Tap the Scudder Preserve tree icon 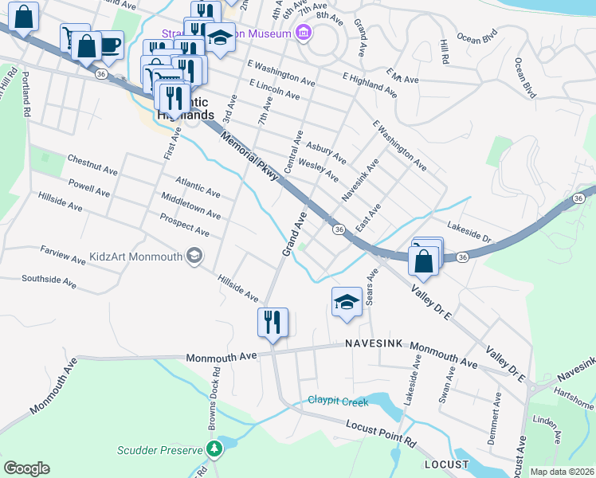coord(214,450)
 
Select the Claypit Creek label coord(338,401)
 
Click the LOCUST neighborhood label coord(447,463)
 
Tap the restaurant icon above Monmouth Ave coord(273,323)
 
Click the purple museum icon coord(302,33)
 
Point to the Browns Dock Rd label coord(214,398)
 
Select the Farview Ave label coord(62,255)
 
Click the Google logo coord(26,468)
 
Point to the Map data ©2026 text coord(562,472)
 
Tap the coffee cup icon coord(109,45)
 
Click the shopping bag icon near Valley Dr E coord(423,261)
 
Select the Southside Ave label coord(49,281)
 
